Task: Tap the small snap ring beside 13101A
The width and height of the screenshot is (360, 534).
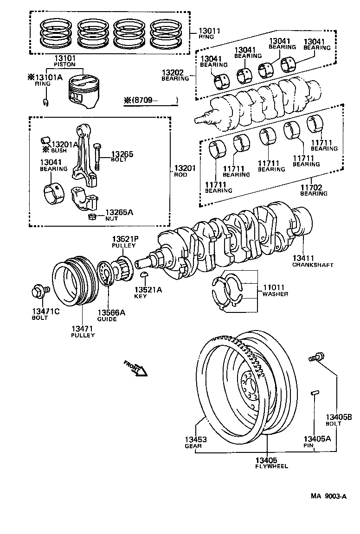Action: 45,102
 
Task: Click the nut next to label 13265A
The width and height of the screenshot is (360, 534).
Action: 92,216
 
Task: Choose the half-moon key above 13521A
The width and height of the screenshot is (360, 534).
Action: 144,277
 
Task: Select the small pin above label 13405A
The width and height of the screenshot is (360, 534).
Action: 315,393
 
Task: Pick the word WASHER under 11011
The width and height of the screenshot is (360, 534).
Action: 275,294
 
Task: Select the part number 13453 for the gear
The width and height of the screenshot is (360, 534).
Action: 195,439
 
